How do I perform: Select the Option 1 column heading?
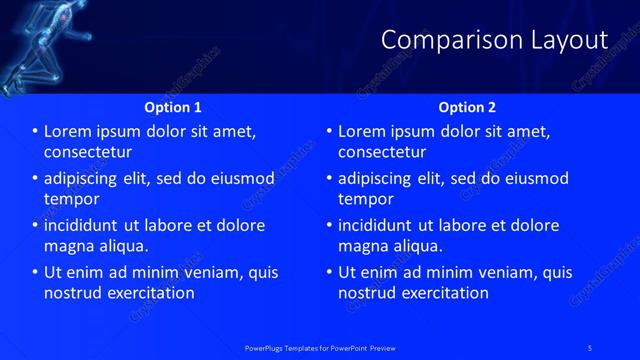pos(173,107)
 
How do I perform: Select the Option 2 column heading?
pos(467,107)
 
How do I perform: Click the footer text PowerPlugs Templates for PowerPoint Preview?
pos(320,347)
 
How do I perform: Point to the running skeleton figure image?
pos(35,45)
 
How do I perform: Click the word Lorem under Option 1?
pos(69,132)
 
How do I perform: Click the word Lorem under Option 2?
pos(363,132)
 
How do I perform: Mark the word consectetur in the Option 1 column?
pos(88,152)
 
